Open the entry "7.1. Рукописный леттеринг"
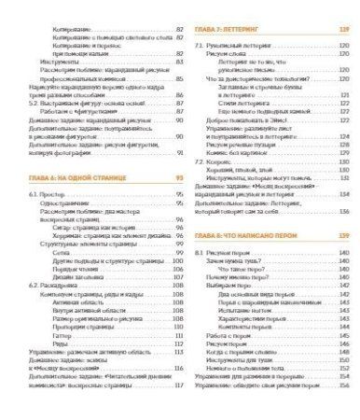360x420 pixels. coord(231,45)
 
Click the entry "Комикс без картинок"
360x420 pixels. coord(250,164)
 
